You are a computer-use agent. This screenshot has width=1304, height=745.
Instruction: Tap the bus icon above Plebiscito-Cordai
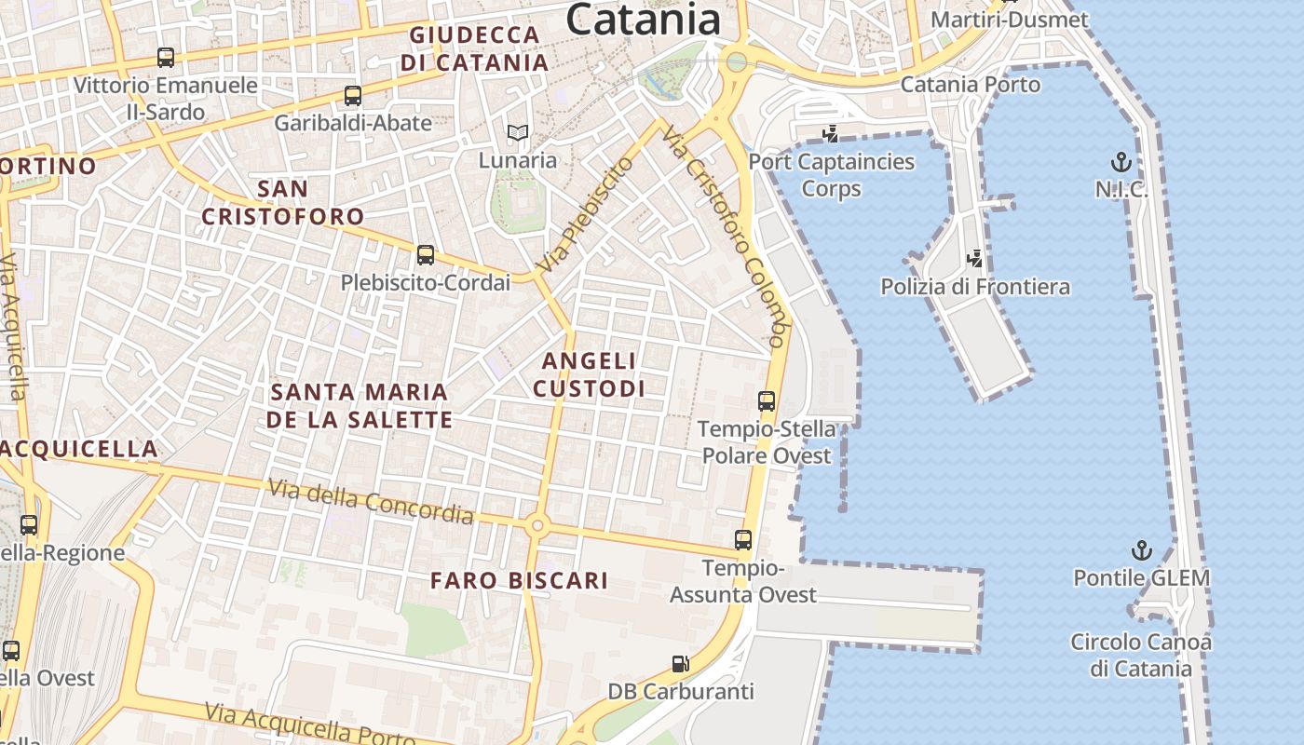[x=426, y=254]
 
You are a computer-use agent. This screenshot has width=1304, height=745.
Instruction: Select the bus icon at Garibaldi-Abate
[x=353, y=95]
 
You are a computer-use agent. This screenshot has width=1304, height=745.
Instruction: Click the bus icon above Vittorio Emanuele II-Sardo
[x=166, y=58]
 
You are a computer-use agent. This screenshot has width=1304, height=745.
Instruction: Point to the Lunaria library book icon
[x=517, y=133]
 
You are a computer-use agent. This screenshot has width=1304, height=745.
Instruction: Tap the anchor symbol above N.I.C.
[x=1121, y=163]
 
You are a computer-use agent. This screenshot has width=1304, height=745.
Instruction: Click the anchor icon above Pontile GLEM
[x=1141, y=550]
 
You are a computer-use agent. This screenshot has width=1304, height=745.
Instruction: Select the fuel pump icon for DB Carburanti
[x=681, y=664]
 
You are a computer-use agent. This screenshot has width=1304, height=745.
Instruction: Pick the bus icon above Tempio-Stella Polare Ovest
[x=767, y=401]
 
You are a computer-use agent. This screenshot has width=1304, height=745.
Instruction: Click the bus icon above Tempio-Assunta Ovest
[x=743, y=540]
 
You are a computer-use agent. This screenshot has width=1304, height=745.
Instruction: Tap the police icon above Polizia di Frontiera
[x=975, y=258]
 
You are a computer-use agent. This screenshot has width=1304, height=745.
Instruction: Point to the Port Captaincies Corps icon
[x=831, y=134]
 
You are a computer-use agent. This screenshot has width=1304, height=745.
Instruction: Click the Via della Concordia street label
[x=371, y=501]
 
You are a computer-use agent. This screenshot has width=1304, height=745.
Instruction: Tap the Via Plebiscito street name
[x=586, y=215]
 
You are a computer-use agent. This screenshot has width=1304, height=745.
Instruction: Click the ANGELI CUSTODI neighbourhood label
[x=589, y=374]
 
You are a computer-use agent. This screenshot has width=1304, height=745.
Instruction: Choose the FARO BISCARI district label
[x=519, y=580]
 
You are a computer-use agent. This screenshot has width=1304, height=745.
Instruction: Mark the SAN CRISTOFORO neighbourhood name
[x=283, y=202]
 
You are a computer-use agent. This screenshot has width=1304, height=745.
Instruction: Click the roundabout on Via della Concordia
[x=537, y=525]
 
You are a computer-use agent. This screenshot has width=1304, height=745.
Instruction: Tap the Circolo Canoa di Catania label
[x=1141, y=655]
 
